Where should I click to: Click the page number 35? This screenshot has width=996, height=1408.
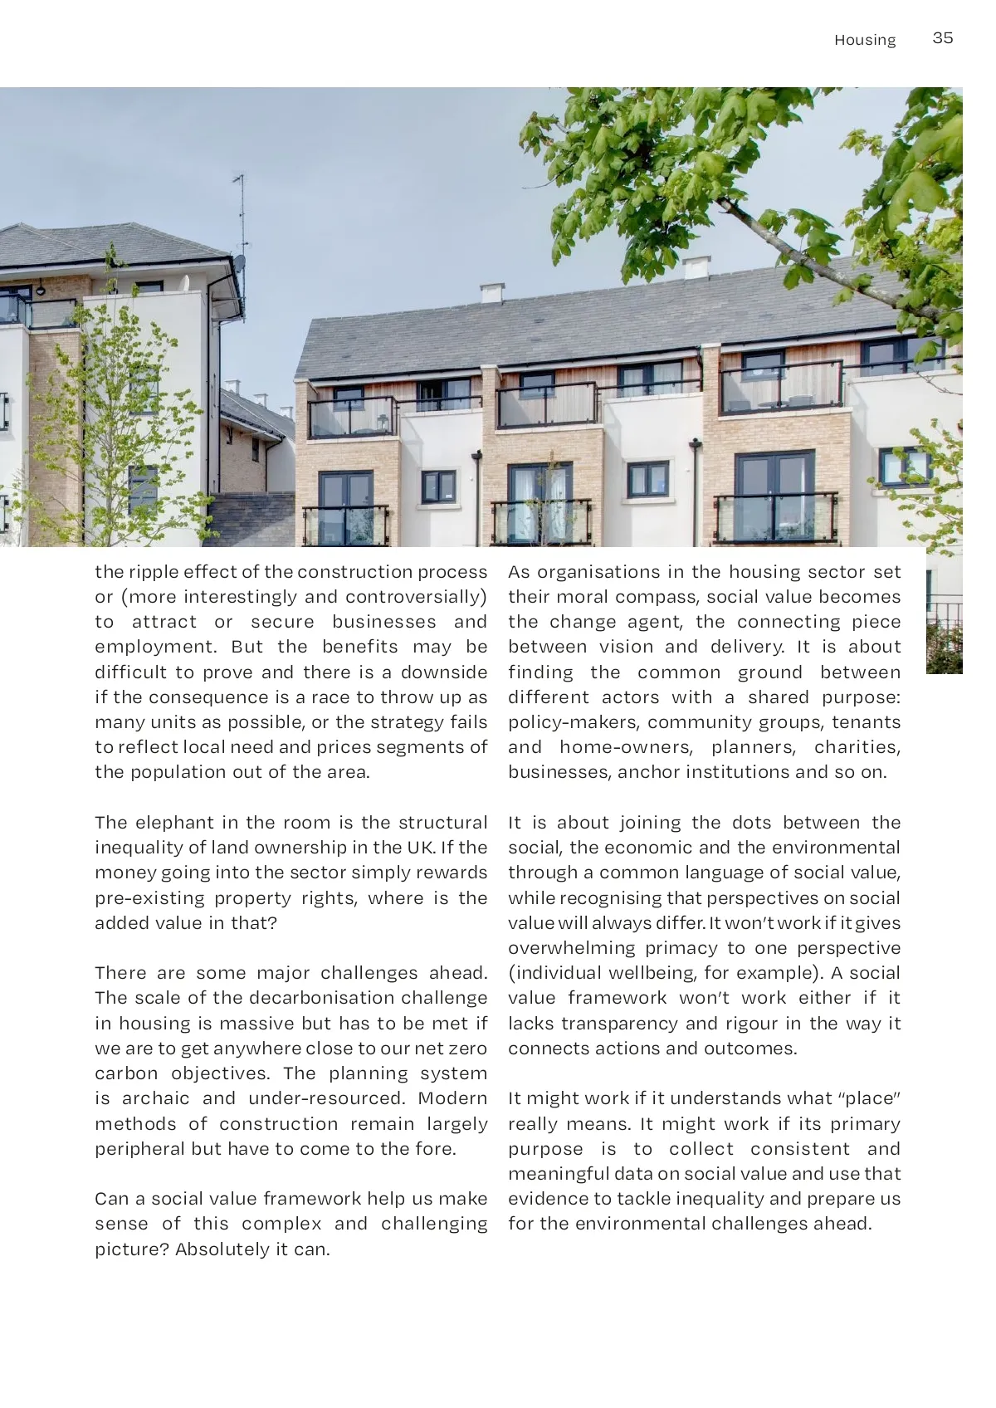click(942, 38)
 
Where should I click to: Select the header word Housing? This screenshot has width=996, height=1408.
click(865, 40)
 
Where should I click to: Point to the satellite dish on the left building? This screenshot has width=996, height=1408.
click(239, 264)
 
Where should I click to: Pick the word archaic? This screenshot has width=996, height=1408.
click(156, 1098)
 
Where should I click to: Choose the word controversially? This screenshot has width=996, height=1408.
click(416, 597)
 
